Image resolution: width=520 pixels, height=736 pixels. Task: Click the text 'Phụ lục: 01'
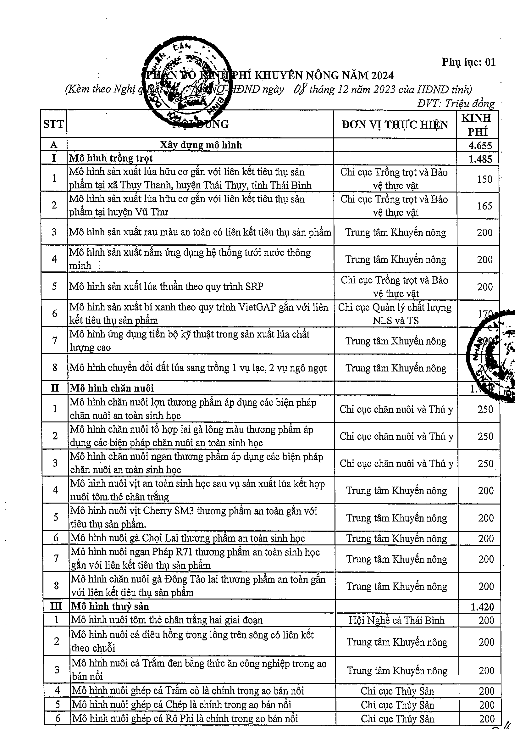point(468,62)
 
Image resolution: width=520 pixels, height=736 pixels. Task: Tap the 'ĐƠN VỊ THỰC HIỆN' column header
point(395,124)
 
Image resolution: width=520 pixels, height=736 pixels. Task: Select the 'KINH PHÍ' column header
point(477,124)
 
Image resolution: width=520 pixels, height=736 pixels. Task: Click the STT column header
point(53,124)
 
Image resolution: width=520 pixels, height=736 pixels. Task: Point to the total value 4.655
point(480,145)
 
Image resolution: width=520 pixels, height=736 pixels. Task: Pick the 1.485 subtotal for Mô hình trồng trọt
point(480,159)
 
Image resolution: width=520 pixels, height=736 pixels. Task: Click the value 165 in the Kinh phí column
point(484,205)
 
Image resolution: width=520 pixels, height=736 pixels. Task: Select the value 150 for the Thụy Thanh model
point(484,179)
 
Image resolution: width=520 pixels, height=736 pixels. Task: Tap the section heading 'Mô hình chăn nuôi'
point(112,388)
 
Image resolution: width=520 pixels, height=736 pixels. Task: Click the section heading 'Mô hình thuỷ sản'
point(110,606)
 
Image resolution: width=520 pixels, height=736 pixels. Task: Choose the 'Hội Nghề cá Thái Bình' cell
point(396,620)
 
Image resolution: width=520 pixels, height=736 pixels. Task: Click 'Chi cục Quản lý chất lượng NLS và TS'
point(395,314)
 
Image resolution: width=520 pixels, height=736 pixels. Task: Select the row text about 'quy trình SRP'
point(166,286)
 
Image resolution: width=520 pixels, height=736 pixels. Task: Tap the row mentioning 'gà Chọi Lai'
point(188,538)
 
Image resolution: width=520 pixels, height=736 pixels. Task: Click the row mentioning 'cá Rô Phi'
point(185,718)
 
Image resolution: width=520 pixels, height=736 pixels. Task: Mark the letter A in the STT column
point(54,145)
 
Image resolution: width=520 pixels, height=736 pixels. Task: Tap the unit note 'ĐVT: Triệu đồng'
point(456,103)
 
